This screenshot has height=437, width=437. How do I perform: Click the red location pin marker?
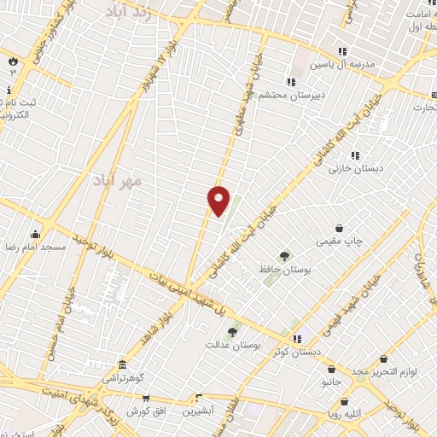pyautogui.click(x=219, y=201)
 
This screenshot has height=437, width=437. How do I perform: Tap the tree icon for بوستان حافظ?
pyautogui.click(x=284, y=255)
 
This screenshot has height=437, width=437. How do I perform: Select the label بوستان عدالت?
pyautogui.click(x=231, y=345)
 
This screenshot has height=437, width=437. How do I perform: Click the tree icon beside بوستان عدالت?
pyautogui.click(x=231, y=332)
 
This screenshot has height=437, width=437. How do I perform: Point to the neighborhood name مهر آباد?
pyautogui.click(x=118, y=182)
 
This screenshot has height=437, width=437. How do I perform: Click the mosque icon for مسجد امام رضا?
pyautogui.click(x=35, y=234)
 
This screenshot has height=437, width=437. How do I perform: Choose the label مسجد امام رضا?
pyautogui.click(x=35, y=247)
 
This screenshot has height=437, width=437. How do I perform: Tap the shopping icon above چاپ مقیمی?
pyautogui.click(x=340, y=228)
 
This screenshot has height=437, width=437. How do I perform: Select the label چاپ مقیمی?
pyautogui.click(x=340, y=242)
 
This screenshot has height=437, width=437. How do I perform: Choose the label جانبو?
pyautogui.click(x=331, y=382)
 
